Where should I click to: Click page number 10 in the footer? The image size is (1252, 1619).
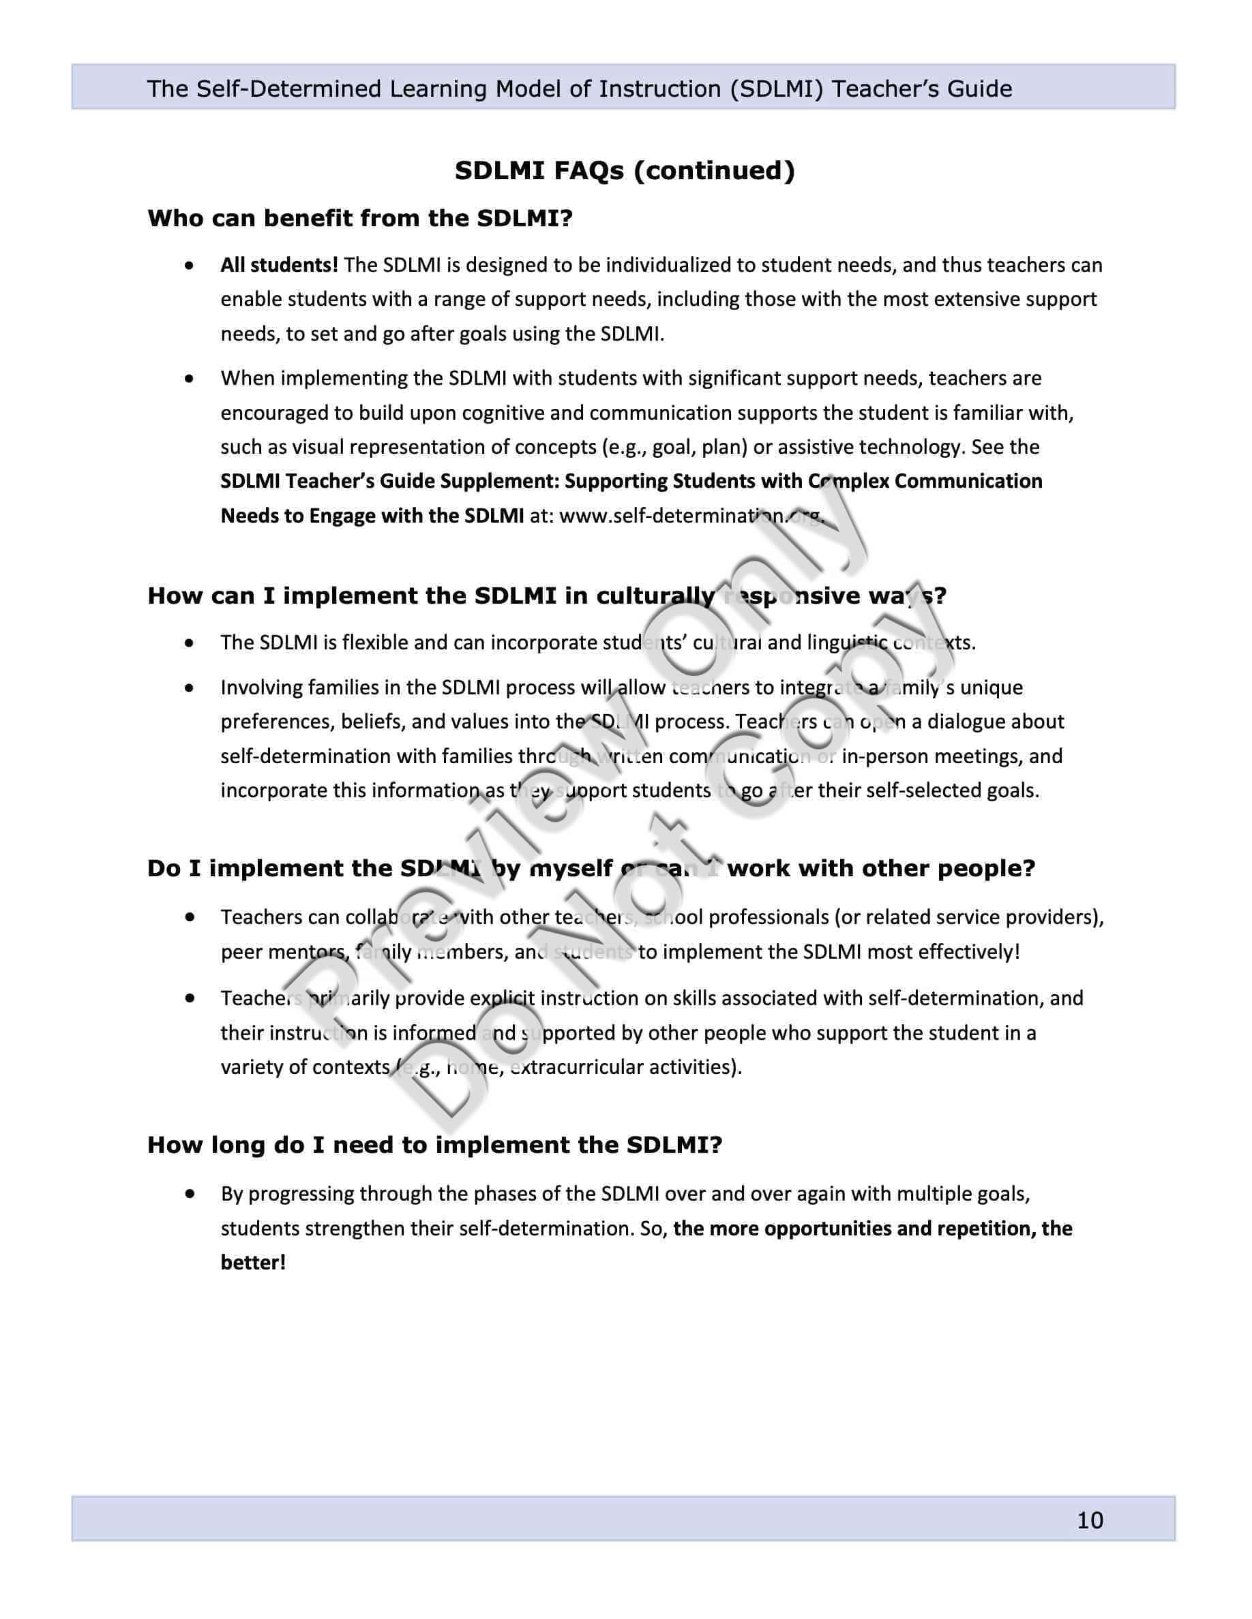[x=1090, y=1520]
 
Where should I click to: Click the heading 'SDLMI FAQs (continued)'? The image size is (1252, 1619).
[x=625, y=170]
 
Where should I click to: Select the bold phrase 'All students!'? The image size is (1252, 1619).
[x=279, y=264]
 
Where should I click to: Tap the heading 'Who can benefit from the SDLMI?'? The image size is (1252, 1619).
[x=360, y=218]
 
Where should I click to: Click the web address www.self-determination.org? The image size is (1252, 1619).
[x=691, y=515]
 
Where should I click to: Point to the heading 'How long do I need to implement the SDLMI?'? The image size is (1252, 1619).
[x=434, y=1145]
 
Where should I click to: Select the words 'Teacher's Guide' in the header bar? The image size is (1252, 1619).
[x=922, y=89]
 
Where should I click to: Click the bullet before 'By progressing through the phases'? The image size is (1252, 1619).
[x=191, y=1194]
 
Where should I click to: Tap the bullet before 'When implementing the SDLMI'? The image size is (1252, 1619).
[x=191, y=379]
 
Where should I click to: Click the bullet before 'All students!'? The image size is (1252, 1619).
[x=191, y=264]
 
